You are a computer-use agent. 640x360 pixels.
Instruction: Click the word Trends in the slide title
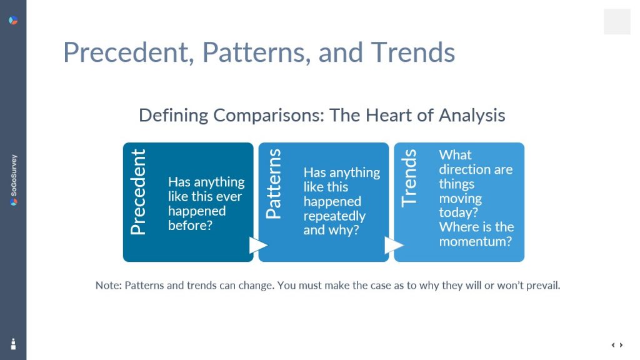pyautogui.click(x=412, y=52)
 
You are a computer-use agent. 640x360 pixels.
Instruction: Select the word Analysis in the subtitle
pyautogui.click(x=472, y=116)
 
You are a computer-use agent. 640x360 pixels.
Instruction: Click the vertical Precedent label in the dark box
pyautogui.click(x=138, y=191)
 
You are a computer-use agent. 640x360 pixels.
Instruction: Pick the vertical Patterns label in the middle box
pyautogui.click(x=274, y=184)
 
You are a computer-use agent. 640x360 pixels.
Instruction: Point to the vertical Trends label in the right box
pyautogui.click(x=409, y=178)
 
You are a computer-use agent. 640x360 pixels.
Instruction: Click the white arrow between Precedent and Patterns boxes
pyautogui.click(x=258, y=245)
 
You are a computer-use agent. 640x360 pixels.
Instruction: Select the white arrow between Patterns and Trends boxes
pyautogui.click(x=394, y=245)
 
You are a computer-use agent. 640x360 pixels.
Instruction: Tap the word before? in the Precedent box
pyautogui.click(x=190, y=225)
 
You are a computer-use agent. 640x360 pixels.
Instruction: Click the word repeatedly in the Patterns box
pyautogui.click(x=334, y=216)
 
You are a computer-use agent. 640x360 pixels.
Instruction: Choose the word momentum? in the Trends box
pyautogui.click(x=475, y=241)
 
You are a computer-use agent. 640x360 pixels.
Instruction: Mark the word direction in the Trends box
pyautogui.click(x=464, y=169)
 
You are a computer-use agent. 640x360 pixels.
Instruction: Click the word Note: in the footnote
pyautogui.click(x=109, y=285)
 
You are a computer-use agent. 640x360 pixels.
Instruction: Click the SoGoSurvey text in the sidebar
pyautogui.click(x=14, y=176)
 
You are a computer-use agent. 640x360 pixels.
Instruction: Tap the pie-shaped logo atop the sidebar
pyautogui.click(x=13, y=20)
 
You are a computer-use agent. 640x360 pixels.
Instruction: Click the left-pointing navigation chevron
pyautogui.click(x=613, y=345)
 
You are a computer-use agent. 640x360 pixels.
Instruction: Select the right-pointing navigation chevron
pyautogui.click(x=621, y=345)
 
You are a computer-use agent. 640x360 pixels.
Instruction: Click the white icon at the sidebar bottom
pyautogui.click(x=13, y=344)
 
